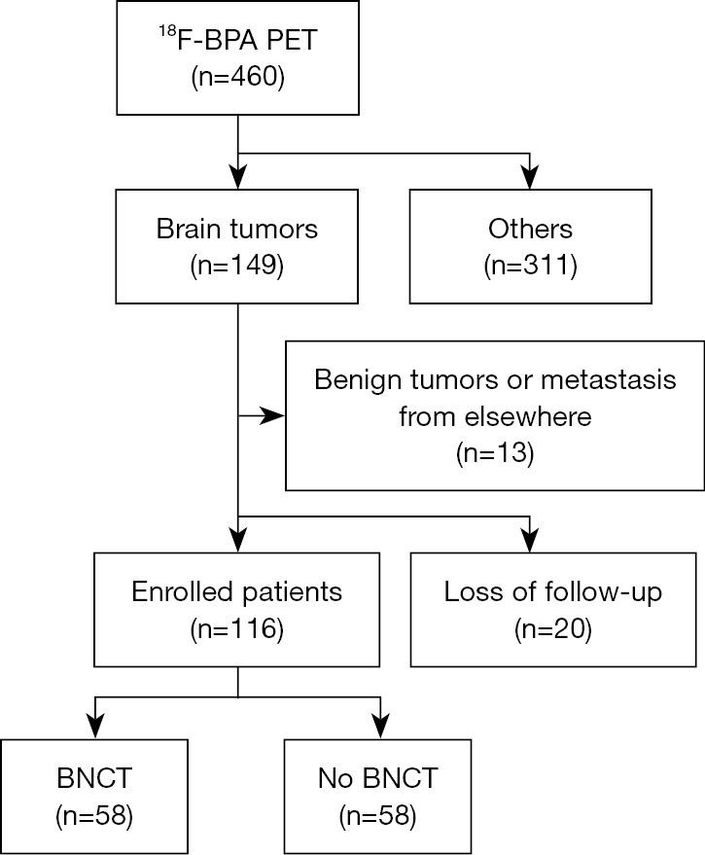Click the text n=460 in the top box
(x=238, y=77)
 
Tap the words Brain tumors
(x=237, y=230)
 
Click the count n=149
(x=237, y=266)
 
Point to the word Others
(x=530, y=230)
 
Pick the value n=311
(x=530, y=266)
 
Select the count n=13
(x=494, y=452)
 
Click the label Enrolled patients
(x=237, y=591)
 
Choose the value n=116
(x=237, y=628)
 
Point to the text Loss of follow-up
(x=552, y=591)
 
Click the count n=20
(x=552, y=628)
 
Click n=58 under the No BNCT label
(x=377, y=814)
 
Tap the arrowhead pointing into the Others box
(x=530, y=179)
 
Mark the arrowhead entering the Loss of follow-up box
(x=530, y=542)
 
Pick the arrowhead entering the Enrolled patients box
(x=238, y=542)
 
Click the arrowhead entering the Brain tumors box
(x=238, y=179)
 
